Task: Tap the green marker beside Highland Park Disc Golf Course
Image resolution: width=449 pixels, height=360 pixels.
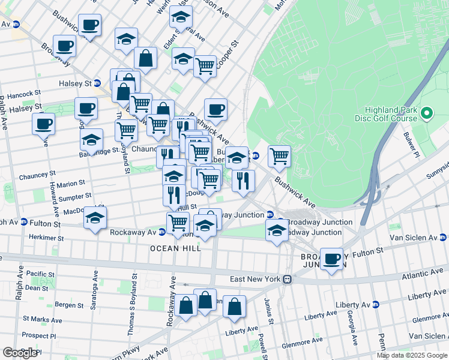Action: (x=427, y=113)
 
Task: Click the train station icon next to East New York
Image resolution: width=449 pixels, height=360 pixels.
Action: (x=288, y=279)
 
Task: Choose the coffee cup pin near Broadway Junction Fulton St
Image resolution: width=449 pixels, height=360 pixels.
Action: (x=331, y=259)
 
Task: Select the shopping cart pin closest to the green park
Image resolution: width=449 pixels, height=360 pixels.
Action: (x=279, y=156)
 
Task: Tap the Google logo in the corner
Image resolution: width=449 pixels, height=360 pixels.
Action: (x=20, y=353)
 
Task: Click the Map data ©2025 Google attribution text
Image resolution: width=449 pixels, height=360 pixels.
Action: (x=412, y=355)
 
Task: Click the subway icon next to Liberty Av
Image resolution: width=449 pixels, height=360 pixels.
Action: (x=375, y=304)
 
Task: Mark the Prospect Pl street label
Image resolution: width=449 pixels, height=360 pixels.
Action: (x=38, y=335)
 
